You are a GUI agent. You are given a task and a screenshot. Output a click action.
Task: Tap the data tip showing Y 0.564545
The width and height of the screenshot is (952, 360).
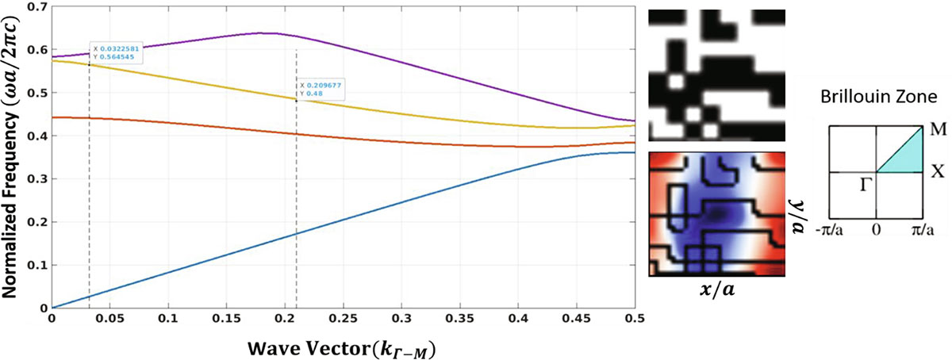(116, 52)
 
